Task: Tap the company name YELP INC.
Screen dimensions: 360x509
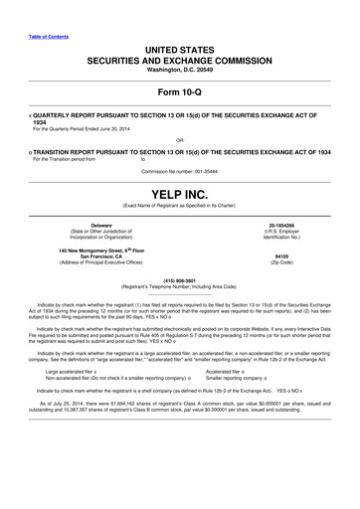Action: [180, 192]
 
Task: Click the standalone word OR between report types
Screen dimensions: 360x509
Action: [180, 139]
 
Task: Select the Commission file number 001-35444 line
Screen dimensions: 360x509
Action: [180, 167]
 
